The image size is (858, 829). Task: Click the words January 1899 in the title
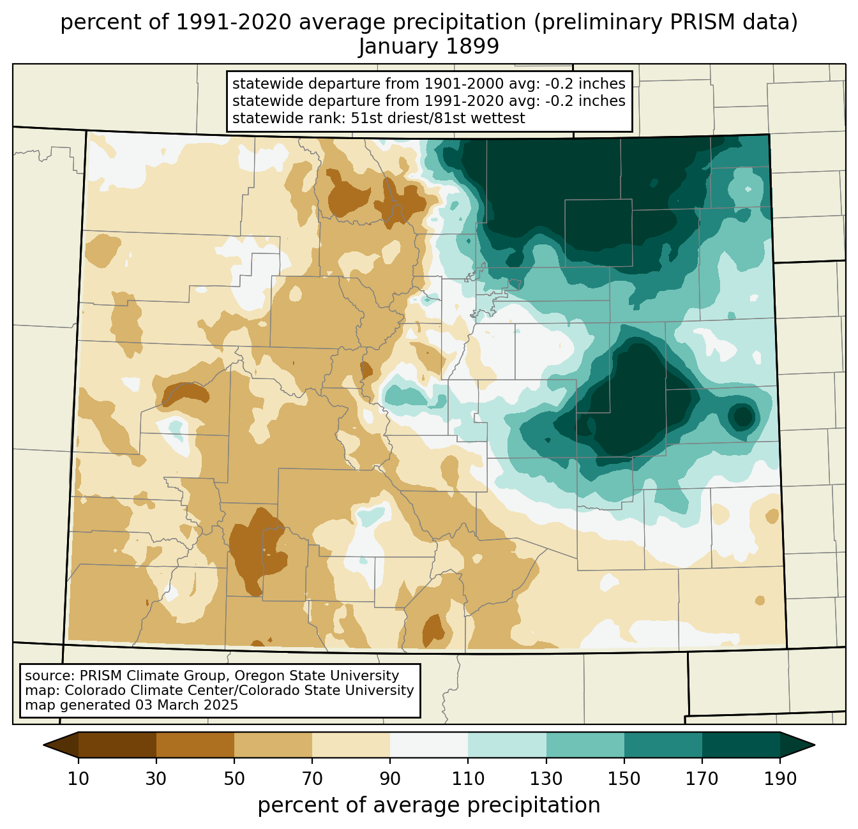point(428,47)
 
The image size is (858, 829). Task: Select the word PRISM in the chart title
point(690,22)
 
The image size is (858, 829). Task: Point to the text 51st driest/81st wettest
point(438,118)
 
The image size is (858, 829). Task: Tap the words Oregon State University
point(317,676)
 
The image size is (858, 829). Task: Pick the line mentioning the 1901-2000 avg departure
point(428,84)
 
